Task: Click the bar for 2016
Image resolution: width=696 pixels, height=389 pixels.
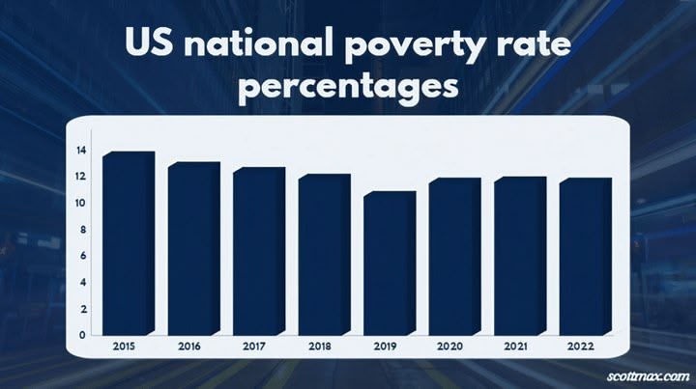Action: [x=193, y=249]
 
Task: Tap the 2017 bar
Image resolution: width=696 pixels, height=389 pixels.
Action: [x=258, y=251]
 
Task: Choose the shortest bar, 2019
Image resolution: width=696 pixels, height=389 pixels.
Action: [x=389, y=264]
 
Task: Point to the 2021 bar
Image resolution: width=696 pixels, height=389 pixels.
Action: [x=519, y=256]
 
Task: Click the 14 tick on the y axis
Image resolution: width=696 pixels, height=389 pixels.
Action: [x=82, y=151]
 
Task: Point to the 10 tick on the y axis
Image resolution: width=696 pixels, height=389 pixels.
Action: [x=82, y=204]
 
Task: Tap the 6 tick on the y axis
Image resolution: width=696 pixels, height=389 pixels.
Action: [x=84, y=256]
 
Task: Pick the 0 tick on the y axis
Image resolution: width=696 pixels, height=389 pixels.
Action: [x=84, y=335]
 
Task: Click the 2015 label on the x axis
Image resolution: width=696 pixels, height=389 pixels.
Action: [x=124, y=345]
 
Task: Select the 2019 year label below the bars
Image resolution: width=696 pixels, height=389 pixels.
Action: [x=384, y=345]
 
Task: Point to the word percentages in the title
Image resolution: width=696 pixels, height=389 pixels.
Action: [x=348, y=87]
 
